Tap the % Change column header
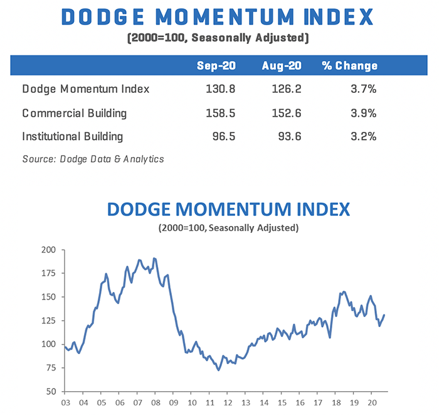point(350,65)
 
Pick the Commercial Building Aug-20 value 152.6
point(287,113)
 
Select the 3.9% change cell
point(364,113)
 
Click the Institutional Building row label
point(73,136)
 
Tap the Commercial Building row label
point(75,113)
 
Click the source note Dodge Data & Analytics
point(93,159)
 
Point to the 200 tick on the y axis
point(49,250)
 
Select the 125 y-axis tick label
point(49,321)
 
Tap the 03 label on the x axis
point(65,403)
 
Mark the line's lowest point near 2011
point(218,370)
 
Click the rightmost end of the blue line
point(384,315)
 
